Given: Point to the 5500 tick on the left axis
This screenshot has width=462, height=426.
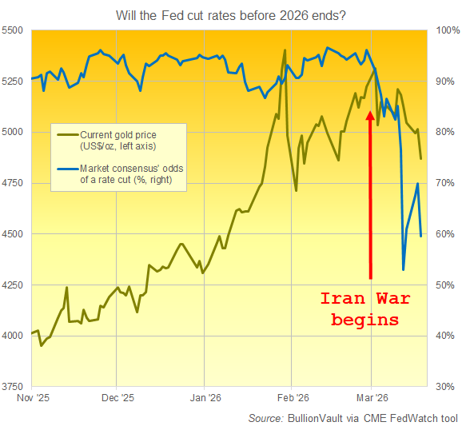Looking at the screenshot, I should tap(15, 30).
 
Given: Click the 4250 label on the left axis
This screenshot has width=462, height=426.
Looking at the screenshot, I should tap(15, 285).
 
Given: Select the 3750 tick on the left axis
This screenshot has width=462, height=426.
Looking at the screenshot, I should tap(15, 386).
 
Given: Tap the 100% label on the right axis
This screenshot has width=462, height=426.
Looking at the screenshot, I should tap(445, 30).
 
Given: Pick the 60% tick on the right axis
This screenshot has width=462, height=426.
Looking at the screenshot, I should tap(444, 234).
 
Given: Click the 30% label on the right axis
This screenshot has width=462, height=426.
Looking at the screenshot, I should tap(444, 386).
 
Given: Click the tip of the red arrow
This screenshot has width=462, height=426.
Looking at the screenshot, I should tap(370, 111).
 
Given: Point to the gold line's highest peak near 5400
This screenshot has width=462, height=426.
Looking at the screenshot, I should tap(285, 50).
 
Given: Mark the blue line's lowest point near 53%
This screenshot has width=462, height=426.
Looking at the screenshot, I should tap(403, 269).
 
